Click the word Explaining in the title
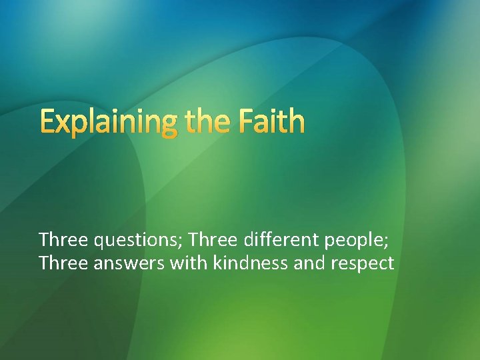107,122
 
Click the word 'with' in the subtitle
189,263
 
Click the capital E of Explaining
47,122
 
